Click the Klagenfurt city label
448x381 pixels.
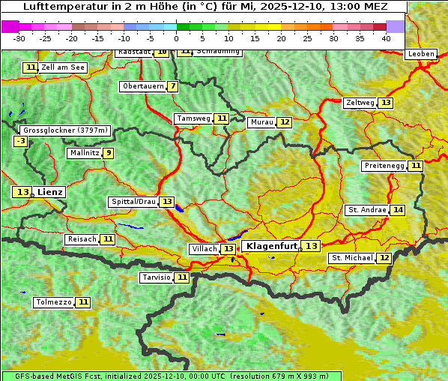(x=272, y=246)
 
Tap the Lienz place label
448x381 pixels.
(x=50, y=192)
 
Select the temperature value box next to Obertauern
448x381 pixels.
(x=173, y=86)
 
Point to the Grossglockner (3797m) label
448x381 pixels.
(x=65, y=130)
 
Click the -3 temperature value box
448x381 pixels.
(x=21, y=141)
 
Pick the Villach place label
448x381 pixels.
(x=204, y=249)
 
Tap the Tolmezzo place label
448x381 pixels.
(x=53, y=302)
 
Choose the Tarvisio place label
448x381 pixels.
(x=156, y=277)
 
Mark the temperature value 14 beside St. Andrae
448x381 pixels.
(x=397, y=210)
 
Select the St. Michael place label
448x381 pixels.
(x=352, y=258)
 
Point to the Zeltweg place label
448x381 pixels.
(x=360, y=103)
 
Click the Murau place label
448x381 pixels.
(x=261, y=122)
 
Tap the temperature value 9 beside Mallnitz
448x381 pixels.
(x=109, y=153)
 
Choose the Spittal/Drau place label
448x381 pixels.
(x=133, y=202)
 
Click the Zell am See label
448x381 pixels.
(x=63, y=67)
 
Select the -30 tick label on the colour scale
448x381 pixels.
(x=19, y=38)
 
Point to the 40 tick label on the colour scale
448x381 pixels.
(x=386, y=38)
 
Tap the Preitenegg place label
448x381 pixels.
(x=384, y=166)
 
